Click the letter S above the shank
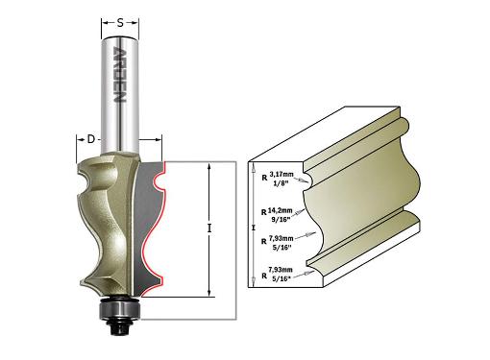(120, 23)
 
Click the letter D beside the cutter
(91, 139)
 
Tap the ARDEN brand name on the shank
(118, 75)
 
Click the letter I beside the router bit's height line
(208, 228)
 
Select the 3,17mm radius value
(282, 175)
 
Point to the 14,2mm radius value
(280, 210)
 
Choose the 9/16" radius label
(281, 219)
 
